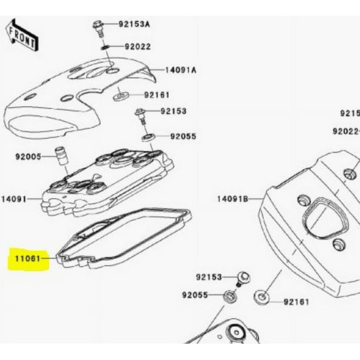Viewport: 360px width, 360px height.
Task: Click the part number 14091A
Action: [x=181, y=70]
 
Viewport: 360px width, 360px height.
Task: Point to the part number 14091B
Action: [x=232, y=199]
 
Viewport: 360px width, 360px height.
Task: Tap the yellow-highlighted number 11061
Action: [x=27, y=257]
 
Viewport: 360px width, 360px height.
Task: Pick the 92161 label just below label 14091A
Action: [x=157, y=96]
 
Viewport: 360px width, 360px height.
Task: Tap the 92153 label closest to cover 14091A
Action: [x=174, y=111]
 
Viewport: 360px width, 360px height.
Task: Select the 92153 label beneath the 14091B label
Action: [x=208, y=276]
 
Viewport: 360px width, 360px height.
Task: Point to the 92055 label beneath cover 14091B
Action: [x=195, y=295]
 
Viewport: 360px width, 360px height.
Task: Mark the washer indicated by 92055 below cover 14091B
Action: [x=229, y=295]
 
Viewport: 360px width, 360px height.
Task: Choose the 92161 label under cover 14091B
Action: [x=296, y=301]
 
